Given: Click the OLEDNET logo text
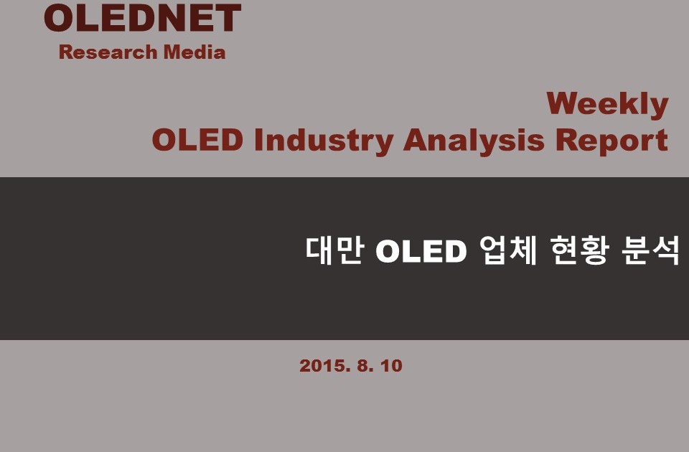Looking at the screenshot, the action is [x=142, y=18].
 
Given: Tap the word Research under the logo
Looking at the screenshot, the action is [x=108, y=52].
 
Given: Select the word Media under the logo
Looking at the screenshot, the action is [x=194, y=52].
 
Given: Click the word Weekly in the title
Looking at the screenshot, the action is [x=607, y=105].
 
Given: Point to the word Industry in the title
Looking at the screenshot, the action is [x=324, y=141].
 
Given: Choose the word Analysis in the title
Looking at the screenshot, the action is [x=474, y=141].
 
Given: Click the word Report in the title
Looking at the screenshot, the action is [x=611, y=141].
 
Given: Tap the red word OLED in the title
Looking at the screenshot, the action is [x=198, y=140].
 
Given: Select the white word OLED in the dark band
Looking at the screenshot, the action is [x=421, y=251].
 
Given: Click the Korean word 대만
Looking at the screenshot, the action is [x=335, y=250].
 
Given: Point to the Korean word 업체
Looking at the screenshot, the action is [x=508, y=250].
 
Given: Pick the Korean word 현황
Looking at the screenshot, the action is [x=580, y=250].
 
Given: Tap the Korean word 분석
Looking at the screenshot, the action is [x=651, y=250].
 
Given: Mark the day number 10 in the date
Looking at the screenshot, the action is [x=391, y=366].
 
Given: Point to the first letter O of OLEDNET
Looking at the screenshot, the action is [x=58, y=18].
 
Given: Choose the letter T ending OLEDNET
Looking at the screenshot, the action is [x=229, y=18].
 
